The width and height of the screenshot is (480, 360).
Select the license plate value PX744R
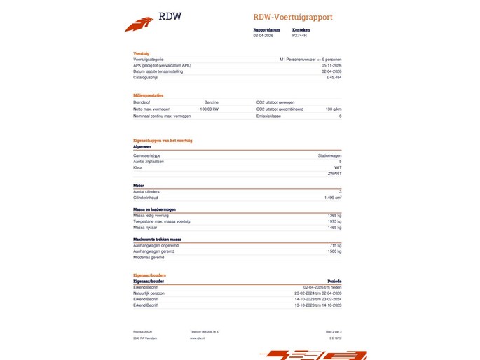point(300,35)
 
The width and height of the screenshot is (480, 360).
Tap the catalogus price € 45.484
point(334,77)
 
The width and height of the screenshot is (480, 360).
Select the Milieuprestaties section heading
point(148,95)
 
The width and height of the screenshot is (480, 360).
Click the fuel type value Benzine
point(211,102)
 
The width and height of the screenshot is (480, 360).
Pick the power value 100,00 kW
point(209,109)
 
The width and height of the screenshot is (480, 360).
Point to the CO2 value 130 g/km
point(334,109)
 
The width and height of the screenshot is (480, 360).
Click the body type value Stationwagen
point(329,155)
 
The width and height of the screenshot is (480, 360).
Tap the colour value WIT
point(337,167)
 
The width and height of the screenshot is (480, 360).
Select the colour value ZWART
point(335,173)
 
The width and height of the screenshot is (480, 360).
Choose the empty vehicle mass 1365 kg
point(334,215)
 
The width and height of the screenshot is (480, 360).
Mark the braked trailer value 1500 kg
point(334,251)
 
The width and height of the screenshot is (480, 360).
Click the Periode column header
point(334,281)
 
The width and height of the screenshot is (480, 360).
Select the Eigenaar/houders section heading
point(149,275)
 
